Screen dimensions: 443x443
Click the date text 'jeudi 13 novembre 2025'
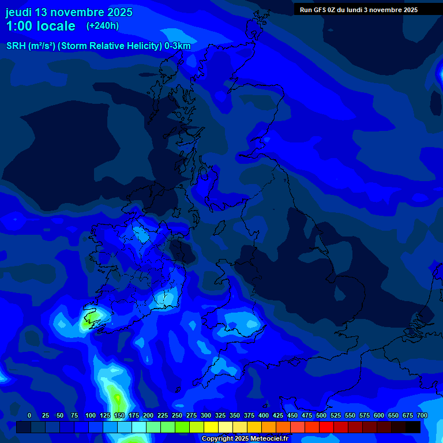point(69,12)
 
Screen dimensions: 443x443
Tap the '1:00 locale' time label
point(40,26)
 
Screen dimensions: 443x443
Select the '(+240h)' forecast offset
point(103,26)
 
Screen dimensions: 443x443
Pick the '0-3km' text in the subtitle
point(178,46)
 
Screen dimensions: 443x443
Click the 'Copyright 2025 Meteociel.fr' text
point(245,439)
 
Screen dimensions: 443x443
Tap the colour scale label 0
point(29,415)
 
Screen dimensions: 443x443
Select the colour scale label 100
point(91,415)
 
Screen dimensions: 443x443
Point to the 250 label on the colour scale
point(177,415)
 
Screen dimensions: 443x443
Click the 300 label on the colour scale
point(206,415)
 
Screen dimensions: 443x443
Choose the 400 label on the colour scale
point(264,415)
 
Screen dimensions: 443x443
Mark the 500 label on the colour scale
point(321,415)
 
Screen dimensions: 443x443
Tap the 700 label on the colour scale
point(422,415)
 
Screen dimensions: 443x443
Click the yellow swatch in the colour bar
point(211,427)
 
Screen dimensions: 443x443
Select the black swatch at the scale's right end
point(413,427)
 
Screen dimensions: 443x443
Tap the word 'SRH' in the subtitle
point(17,46)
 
